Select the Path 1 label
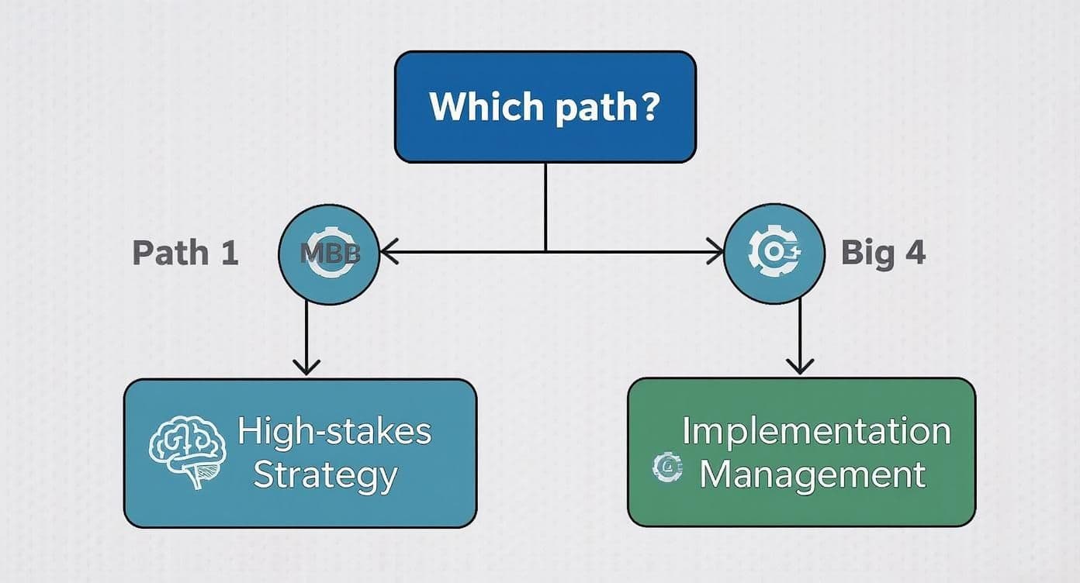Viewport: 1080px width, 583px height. [x=185, y=253]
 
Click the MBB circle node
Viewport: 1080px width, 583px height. [x=328, y=253]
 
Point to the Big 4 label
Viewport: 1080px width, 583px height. [x=883, y=253]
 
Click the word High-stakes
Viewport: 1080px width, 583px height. [x=334, y=431]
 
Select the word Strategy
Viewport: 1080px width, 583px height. [x=325, y=474]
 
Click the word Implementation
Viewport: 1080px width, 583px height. [x=816, y=431]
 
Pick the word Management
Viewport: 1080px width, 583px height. [x=812, y=474]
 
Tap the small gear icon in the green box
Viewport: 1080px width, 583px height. [x=666, y=467]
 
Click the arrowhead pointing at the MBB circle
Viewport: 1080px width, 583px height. [x=389, y=252]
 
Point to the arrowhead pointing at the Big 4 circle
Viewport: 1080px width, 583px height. [x=715, y=252]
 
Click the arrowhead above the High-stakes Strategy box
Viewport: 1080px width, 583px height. [x=307, y=365]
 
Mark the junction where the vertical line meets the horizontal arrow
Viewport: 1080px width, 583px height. [x=545, y=252]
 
